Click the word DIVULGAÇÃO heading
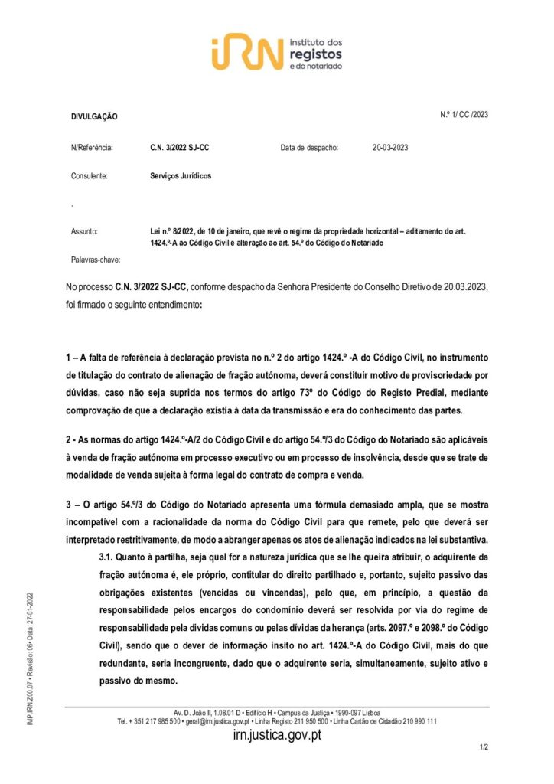coord(94,116)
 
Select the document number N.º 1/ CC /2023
coord(464,114)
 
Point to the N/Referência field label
coord(92,148)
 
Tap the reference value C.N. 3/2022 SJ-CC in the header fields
coord(180,148)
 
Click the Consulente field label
coord(90,175)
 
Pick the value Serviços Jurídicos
coord(181,175)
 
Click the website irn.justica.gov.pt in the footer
coord(276,735)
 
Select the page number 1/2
coord(484,746)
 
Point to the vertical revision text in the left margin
coord(30,659)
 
